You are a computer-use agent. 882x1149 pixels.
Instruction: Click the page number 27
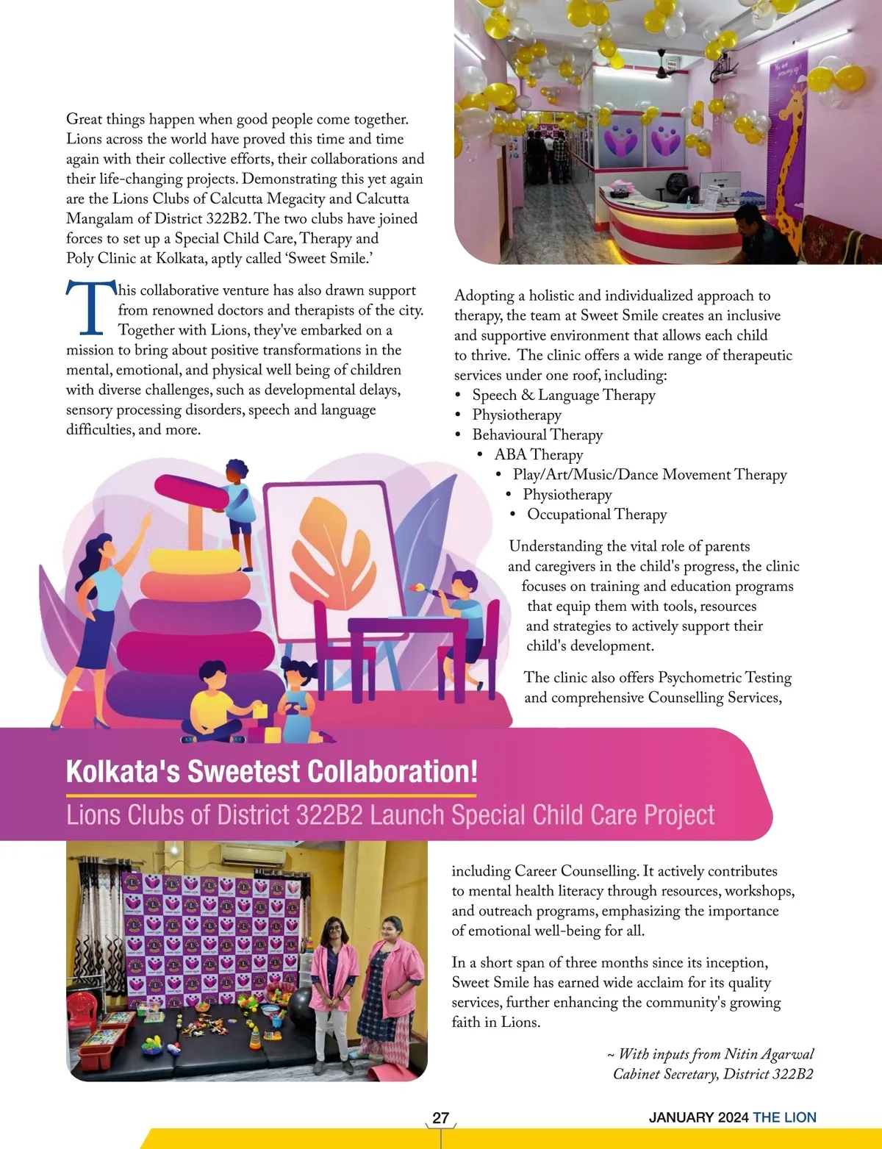click(440, 1117)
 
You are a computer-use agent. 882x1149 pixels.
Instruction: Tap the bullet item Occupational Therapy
click(596, 515)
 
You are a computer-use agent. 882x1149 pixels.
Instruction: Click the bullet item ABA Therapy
click(538, 455)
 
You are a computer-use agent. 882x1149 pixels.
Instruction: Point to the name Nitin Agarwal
click(769, 1054)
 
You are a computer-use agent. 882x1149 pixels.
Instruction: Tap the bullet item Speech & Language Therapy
click(563, 395)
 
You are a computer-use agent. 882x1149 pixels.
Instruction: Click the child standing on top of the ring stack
click(238, 500)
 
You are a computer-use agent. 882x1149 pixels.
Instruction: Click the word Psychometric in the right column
click(700, 678)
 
